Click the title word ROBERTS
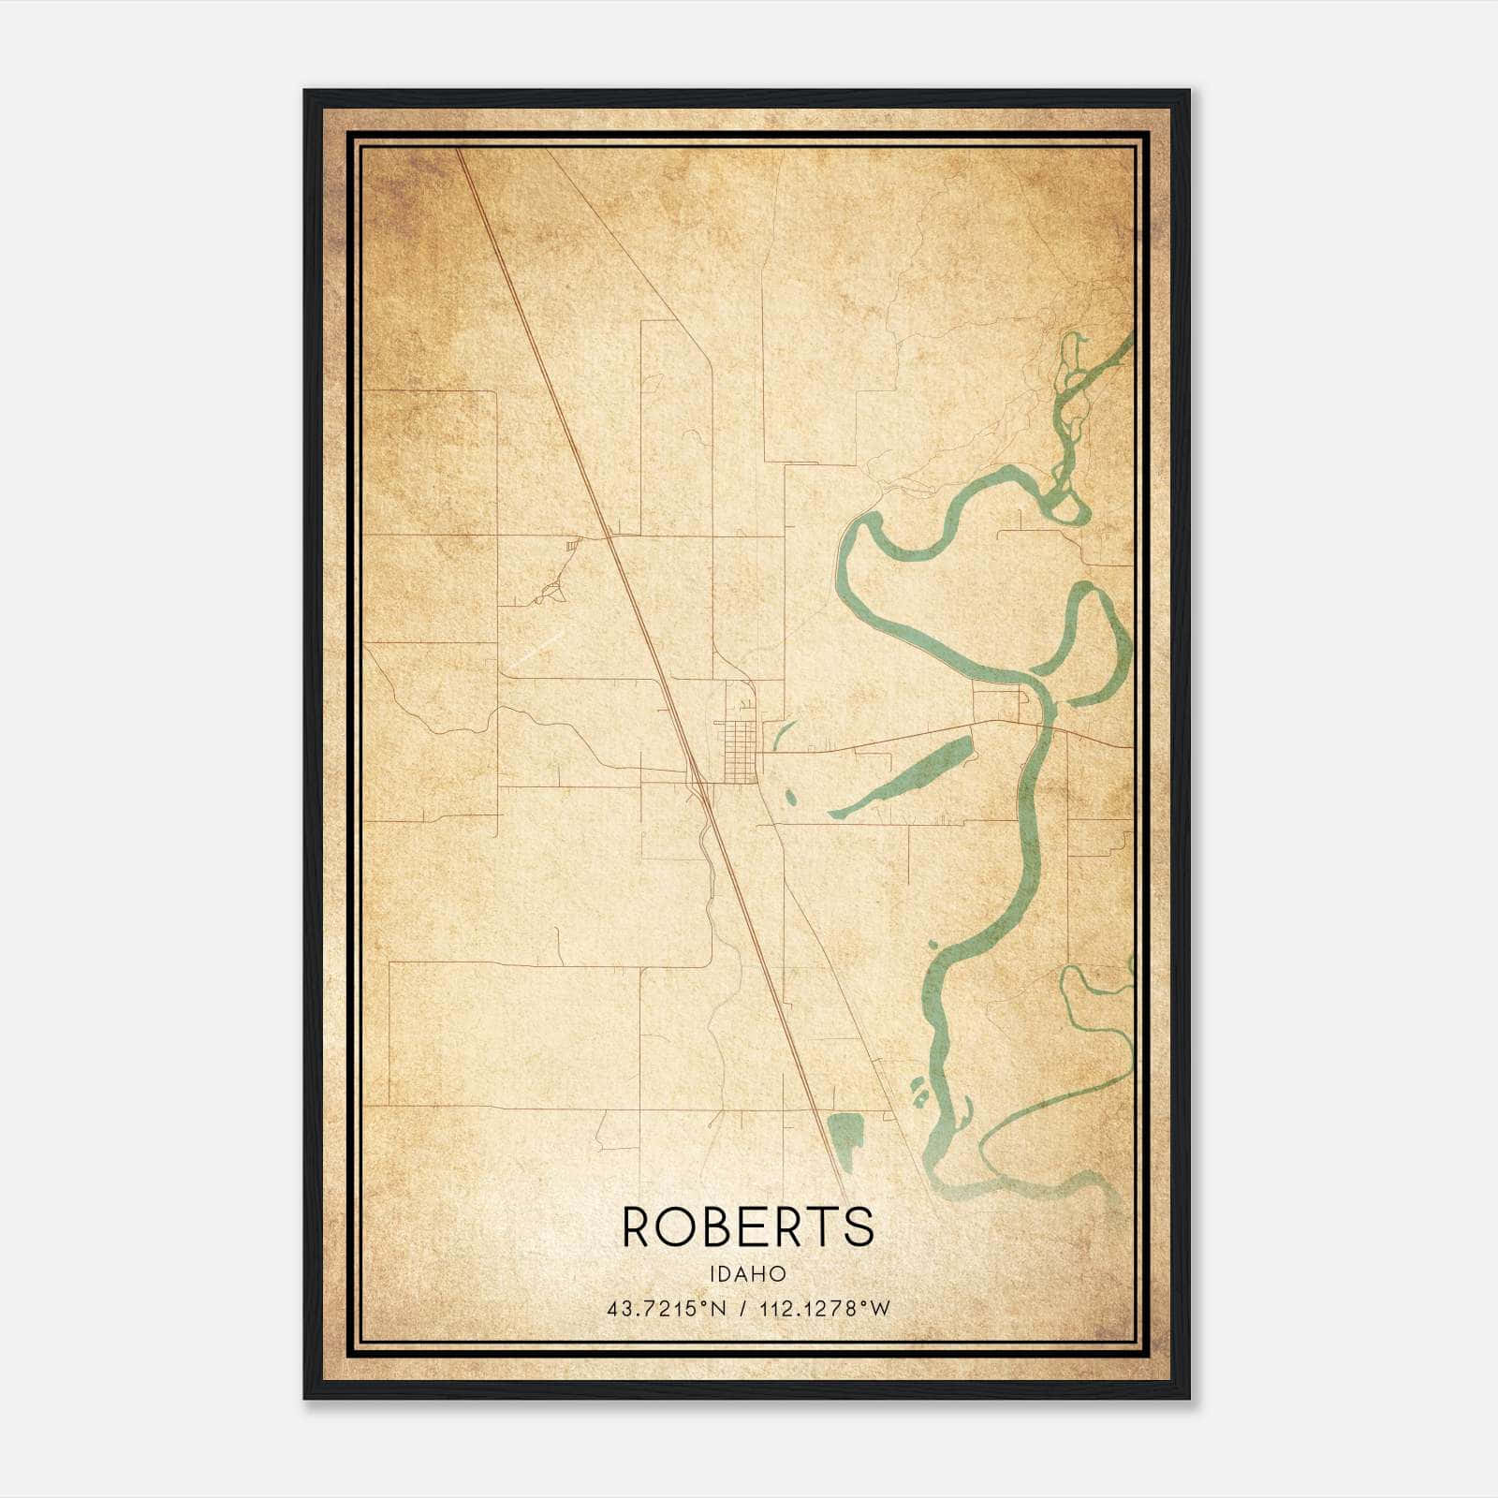(x=747, y=1226)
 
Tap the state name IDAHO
(x=747, y=1274)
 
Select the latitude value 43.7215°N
(x=667, y=1309)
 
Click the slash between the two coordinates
(x=742, y=1309)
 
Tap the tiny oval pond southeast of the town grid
(x=790, y=798)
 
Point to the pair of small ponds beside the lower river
(x=920, y=1091)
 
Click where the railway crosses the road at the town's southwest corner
(x=698, y=780)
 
